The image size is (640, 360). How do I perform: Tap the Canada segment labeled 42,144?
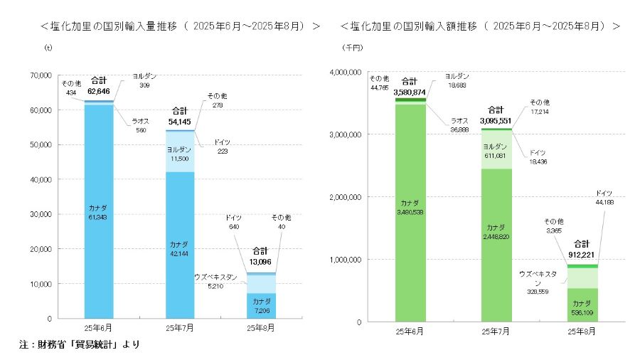click(181, 245)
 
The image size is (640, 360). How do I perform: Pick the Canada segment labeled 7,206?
click(262, 306)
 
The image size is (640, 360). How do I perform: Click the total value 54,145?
click(180, 122)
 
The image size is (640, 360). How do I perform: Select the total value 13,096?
click(260, 260)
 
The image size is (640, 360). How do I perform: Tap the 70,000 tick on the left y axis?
click(37, 75)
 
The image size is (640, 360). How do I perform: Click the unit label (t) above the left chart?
click(48, 48)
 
